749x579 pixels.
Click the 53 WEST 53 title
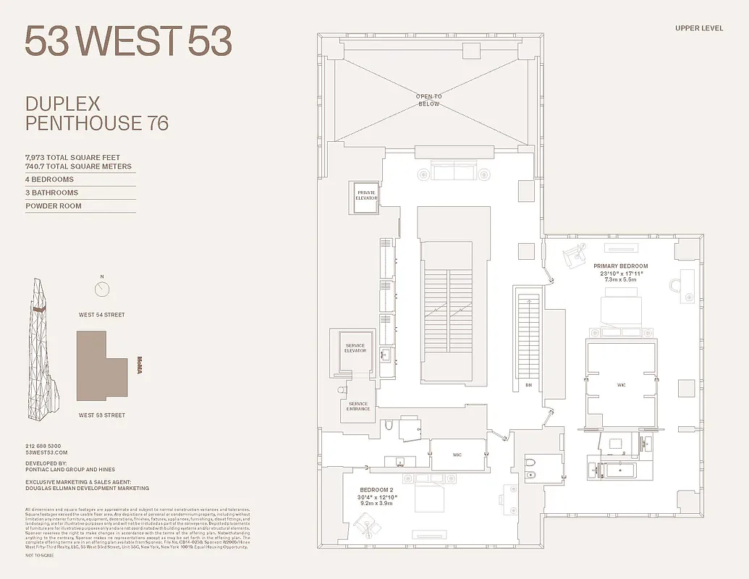(x=128, y=41)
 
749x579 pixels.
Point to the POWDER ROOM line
(x=54, y=206)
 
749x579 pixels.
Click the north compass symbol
(x=103, y=289)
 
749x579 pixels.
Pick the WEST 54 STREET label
(x=102, y=315)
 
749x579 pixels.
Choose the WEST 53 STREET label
(x=102, y=415)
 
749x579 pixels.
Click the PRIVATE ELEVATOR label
(x=365, y=195)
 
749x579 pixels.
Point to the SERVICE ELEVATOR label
(x=355, y=348)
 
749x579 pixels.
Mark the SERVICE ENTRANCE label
(x=358, y=407)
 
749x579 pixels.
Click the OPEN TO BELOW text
(x=428, y=100)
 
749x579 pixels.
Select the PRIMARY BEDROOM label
(x=620, y=266)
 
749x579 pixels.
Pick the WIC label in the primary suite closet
(x=621, y=385)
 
